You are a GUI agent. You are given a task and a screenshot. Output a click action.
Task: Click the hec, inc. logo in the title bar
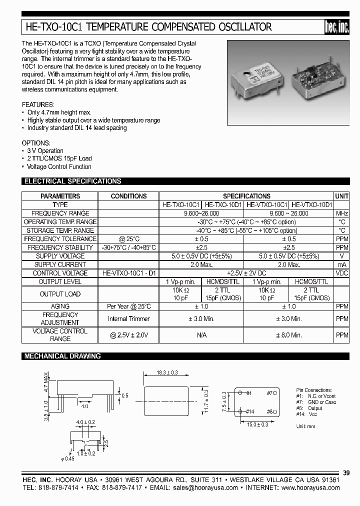click(336, 28)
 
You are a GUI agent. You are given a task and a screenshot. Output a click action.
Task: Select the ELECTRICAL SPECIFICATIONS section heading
click(73, 181)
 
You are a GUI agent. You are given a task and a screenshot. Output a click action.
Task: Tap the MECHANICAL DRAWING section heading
click(63, 356)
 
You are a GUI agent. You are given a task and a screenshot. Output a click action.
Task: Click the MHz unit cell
click(341, 213)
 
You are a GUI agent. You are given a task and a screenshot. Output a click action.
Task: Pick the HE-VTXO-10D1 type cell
click(312, 205)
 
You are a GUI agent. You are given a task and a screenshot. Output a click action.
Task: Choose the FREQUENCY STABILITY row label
click(59, 247)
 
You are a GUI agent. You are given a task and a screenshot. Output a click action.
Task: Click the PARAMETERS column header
click(59, 196)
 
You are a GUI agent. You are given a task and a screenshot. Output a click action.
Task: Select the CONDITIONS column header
click(128, 196)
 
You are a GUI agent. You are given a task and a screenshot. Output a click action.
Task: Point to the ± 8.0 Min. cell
click(288, 335)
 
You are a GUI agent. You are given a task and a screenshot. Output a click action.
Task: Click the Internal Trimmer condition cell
click(128, 318)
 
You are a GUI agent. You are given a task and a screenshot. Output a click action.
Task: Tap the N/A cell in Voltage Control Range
click(201, 335)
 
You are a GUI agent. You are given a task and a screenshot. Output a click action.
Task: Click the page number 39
click(347, 473)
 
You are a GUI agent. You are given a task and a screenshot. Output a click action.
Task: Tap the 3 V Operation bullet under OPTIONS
click(45, 151)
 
